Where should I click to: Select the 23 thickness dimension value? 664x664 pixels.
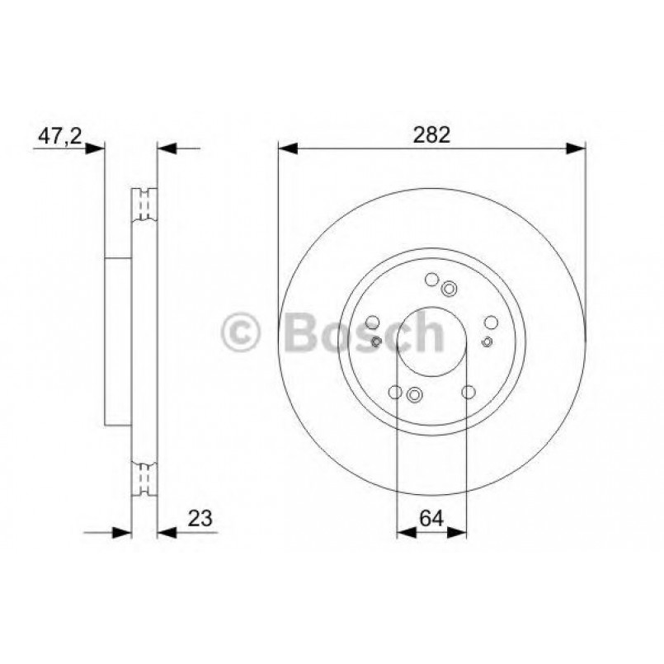pos(200,518)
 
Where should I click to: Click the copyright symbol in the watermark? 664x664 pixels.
pos(242,333)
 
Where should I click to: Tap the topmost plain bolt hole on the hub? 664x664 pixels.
pos(431,280)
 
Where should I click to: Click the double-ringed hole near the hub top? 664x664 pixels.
pos(450,288)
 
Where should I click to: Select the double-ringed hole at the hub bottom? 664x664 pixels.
pos(414,394)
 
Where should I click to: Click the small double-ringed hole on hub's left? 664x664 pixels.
pos(377,341)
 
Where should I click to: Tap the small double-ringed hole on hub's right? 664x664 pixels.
pos(487,341)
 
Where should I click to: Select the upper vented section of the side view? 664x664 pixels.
pos(144,205)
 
